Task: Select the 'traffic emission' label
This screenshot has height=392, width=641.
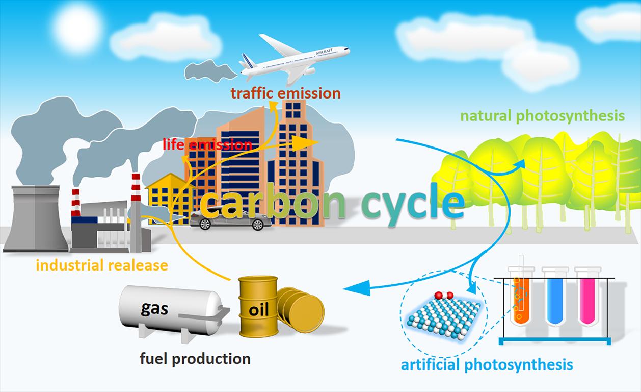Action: (x=285, y=93)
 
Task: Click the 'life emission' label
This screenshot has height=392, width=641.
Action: (x=207, y=144)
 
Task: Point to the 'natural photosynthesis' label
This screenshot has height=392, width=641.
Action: (x=542, y=116)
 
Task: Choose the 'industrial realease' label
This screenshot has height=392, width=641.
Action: (x=101, y=265)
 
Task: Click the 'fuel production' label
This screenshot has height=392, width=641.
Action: (x=195, y=359)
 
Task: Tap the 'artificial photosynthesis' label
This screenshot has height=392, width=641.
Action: (x=487, y=365)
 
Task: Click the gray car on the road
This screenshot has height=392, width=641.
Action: (x=231, y=220)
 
